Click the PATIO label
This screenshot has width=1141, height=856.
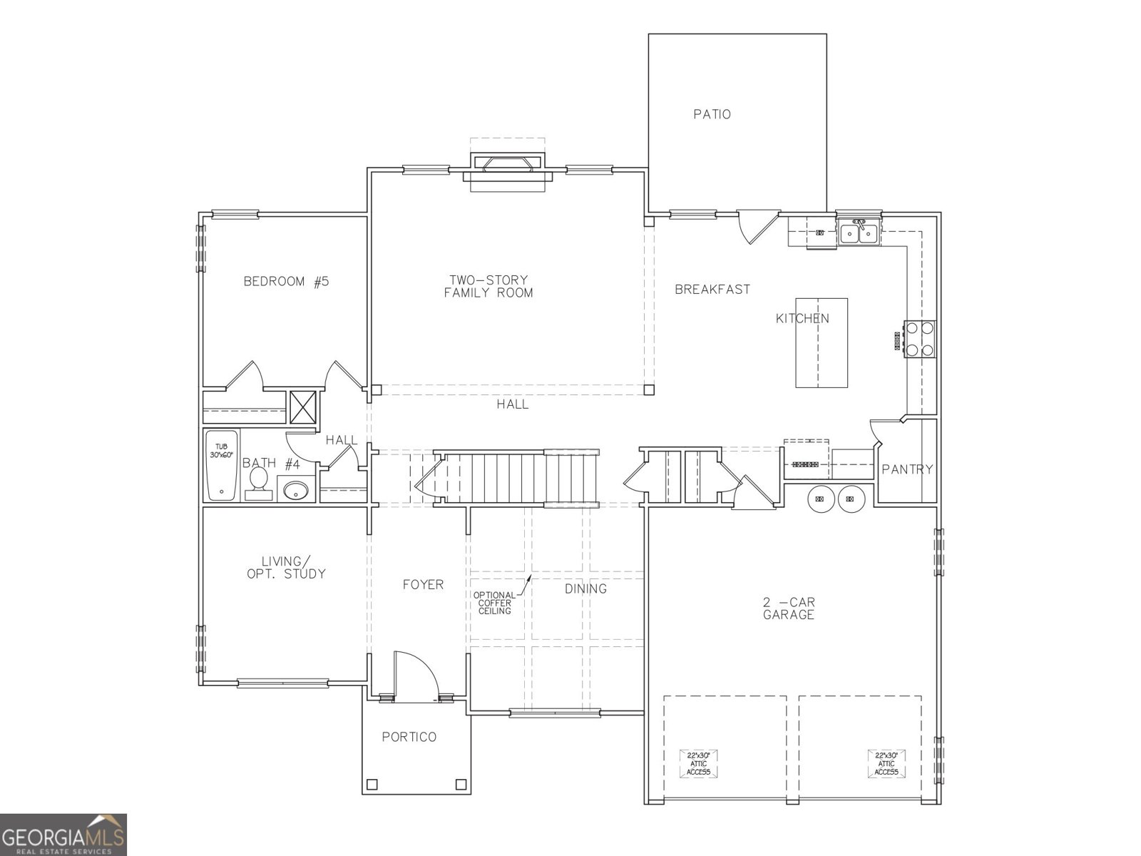click(x=712, y=114)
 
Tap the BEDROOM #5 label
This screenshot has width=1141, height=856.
click(x=286, y=281)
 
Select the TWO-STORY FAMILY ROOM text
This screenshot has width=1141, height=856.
click(x=488, y=286)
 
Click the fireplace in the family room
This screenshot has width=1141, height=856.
click(x=508, y=165)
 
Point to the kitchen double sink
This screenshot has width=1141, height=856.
click(x=859, y=233)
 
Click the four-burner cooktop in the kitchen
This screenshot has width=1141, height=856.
click(x=919, y=339)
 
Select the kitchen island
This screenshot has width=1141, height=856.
click(x=822, y=342)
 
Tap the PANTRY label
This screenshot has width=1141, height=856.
click(x=907, y=469)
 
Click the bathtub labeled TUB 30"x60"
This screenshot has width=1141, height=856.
click(x=221, y=465)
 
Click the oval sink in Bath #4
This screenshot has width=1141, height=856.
click(x=296, y=490)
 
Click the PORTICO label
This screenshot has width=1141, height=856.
click(x=409, y=737)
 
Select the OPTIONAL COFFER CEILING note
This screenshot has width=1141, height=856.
click(x=495, y=603)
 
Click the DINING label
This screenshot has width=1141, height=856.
click(x=585, y=588)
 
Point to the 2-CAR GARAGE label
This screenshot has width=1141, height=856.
click(x=789, y=608)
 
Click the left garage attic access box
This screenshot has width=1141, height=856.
click(x=698, y=763)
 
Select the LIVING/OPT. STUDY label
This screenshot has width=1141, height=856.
click(x=286, y=567)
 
